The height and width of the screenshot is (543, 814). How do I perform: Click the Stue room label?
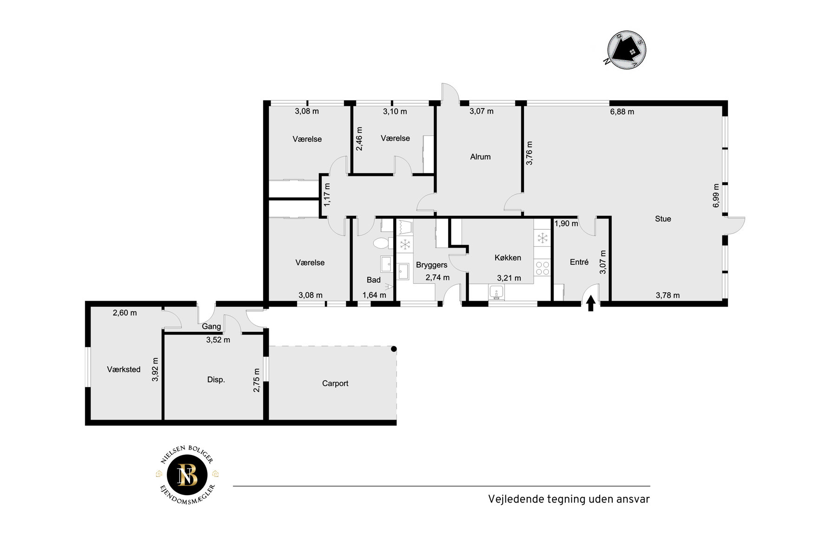[x=663, y=219]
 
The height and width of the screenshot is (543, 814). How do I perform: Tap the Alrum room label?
[x=480, y=157]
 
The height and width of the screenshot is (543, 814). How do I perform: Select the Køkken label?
[x=508, y=258]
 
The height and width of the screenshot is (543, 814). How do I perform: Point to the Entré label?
[x=579, y=262]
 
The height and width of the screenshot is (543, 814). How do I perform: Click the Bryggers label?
[x=431, y=265]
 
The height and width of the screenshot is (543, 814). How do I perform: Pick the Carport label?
[x=335, y=383]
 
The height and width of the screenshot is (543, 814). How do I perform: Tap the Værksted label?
[x=124, y=369]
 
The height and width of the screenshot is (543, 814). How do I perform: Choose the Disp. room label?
[x=216, y=380]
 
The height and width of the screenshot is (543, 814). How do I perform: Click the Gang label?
[x=212, y=327]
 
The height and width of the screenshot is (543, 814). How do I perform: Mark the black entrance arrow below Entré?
[x=591, y=303]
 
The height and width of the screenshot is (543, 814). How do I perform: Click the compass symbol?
[x=626, y=50]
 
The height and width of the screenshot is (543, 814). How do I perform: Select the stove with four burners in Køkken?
[x=542, y=268]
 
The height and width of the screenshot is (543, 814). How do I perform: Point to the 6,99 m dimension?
[x=716, y=195]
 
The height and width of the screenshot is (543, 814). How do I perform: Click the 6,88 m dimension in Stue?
[x=622, y=112]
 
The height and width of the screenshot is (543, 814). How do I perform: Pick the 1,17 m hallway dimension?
[x=327, y=195]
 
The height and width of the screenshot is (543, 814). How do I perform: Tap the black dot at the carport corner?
[x=394, y=349]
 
